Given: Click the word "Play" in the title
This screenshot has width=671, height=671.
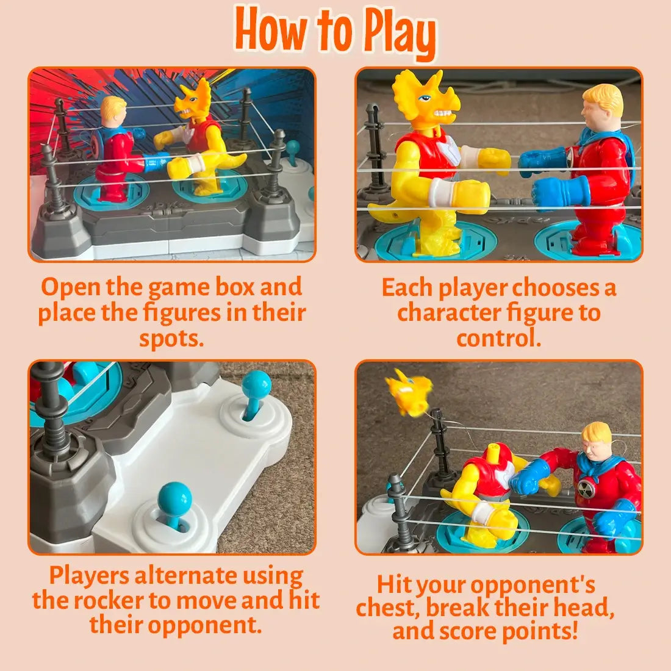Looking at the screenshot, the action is pos(400,34).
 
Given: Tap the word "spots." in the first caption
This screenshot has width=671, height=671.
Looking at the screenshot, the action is pos(171,339).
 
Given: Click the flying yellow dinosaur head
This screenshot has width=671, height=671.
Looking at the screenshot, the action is pos(408,392).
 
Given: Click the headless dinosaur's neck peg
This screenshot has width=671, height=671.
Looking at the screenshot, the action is pos(494,450).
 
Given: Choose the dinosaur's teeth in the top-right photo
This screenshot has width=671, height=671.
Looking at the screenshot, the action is pos(443,115).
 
